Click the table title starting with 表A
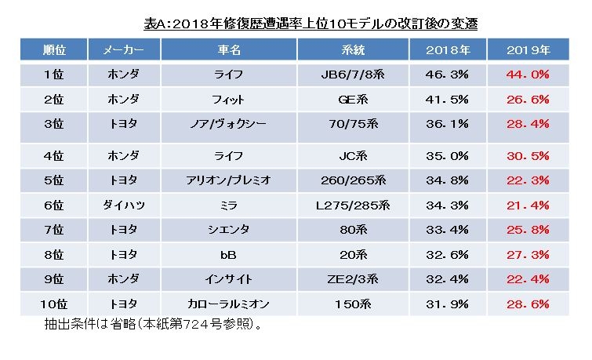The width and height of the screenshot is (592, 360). [311, 24]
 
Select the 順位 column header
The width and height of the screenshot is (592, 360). [53, 50]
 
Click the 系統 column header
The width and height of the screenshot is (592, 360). [354, 50]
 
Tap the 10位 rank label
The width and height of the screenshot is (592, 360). [53, 304]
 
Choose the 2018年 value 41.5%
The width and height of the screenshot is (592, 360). [448, 100]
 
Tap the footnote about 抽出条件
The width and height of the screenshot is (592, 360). [149, 323]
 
